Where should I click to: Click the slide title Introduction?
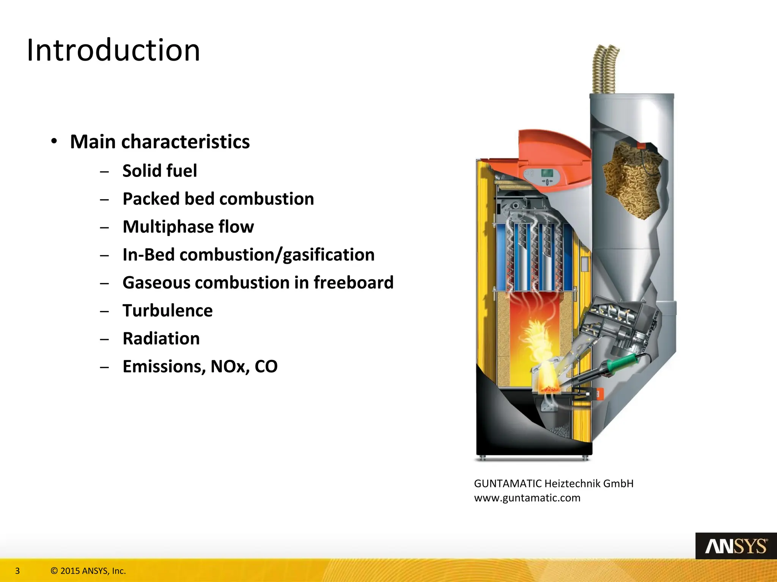tap(113, 50)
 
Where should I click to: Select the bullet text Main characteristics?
tap(160, 142)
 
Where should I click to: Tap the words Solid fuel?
tap(160, 171)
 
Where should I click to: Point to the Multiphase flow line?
tap(188, 227)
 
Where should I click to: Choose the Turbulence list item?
tap(167, 311)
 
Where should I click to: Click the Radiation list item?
tap(161, 339)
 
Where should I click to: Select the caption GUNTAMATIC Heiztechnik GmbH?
tap(554, 484)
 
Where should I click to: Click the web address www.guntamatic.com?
tap(527, 498)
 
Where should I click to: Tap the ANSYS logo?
tap(736, 546)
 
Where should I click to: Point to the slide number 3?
tap(17, 571)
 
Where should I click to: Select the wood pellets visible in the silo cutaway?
tap(632, 182)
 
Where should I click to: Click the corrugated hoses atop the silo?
tap(605, 70)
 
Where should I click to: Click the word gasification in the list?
tap(329, 255)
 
